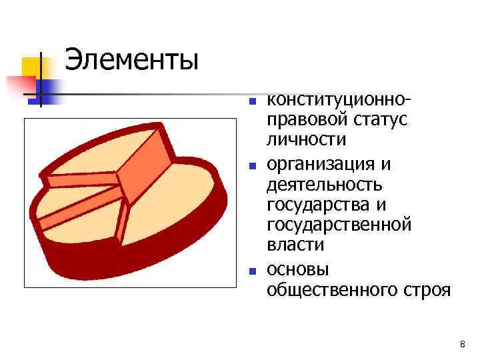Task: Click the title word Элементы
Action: click(x=131, y=61)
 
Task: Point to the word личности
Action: click(x=306, y=139)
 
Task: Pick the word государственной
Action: click(x=339, y=225)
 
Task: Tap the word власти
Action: click(x=295, y=245)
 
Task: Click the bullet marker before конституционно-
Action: click(x=252, y=103)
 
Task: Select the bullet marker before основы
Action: click(x=252, y=271)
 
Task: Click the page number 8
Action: click(x=461, y=344)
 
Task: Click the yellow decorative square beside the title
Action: click(x=31, y=67)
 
